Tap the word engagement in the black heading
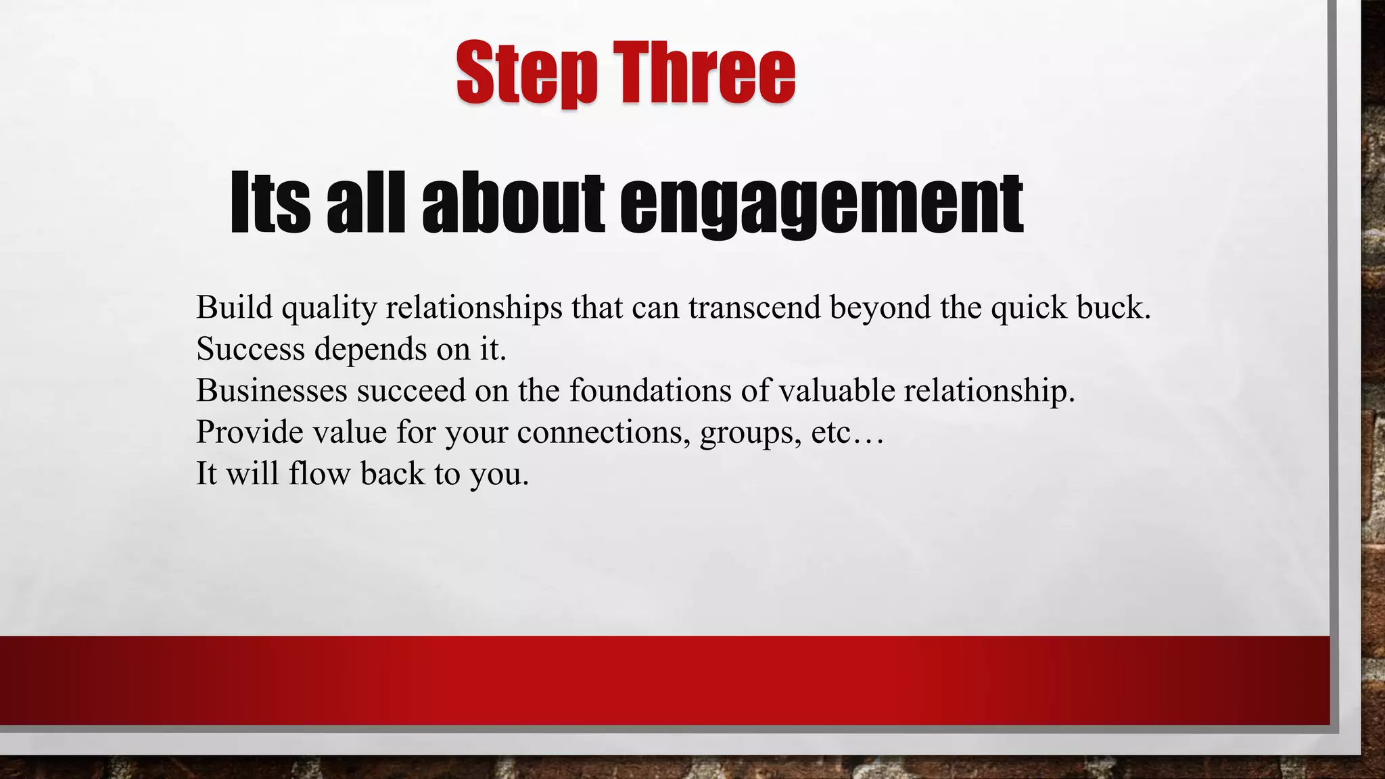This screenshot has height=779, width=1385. tap(821, 203)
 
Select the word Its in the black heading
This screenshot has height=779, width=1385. tap(270, 203)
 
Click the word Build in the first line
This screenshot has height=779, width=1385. tap(234, 308)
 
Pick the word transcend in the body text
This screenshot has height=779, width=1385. tap(754, 308)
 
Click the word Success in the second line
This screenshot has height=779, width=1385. tap(250, 350)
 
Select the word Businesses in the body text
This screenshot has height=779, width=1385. tap(272, 391)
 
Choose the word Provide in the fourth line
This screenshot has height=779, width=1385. tap(250, 432)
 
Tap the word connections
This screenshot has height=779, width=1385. tap(604, 432)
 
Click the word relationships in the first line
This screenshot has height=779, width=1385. tap(474, 308)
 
